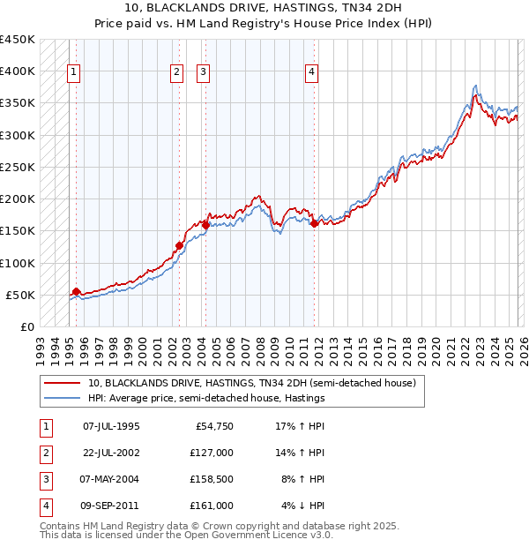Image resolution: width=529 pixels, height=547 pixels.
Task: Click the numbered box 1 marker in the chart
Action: coord(74,73)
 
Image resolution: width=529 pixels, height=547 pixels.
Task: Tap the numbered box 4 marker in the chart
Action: coord(312,73)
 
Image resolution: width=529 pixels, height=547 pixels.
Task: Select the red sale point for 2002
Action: coord(179,246)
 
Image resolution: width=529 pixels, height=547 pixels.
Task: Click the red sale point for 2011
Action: coord(315,224)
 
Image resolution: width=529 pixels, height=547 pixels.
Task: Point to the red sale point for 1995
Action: coord(76,292)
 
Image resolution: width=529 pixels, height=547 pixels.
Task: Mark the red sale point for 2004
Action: coord(205,225)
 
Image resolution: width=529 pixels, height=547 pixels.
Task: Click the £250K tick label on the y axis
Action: coord(18,167)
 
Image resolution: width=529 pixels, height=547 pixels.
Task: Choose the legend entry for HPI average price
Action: coord(206,398)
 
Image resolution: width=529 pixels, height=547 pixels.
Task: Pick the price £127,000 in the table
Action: coord(212,452)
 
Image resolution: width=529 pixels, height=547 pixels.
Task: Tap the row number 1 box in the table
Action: coord(43,426)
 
